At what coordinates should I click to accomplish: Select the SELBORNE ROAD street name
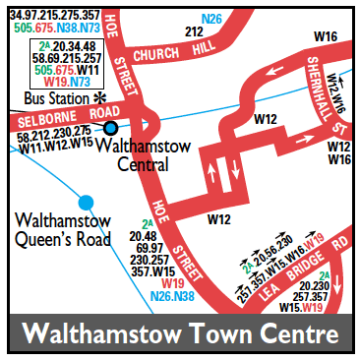tap(61, 117)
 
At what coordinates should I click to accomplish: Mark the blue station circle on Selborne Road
tap(111, 127)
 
